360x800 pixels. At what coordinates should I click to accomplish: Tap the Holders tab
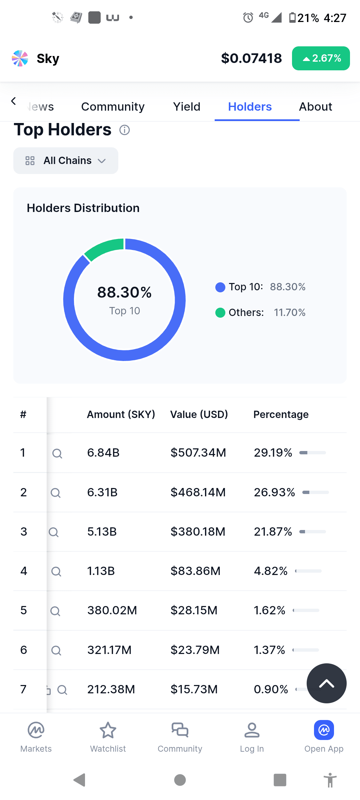click(x=250, y=107)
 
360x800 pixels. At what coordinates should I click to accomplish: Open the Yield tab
click(x=187, y=107)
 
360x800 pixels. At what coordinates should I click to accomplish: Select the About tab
click(x=316, y=107)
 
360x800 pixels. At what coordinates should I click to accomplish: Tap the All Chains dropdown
click(x=66, y=161)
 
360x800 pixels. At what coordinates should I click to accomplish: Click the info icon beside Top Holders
click(x=125, y=130)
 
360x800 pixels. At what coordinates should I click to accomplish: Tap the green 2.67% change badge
click(x=321, y=58)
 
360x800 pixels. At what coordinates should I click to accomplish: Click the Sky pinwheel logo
click(x=20, y=58)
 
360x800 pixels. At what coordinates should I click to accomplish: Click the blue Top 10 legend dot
click(x=220, y=287)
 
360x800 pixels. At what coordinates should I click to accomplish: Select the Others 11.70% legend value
click(x=290, y=313)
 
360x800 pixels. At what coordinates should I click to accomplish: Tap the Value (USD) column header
click(x=199, y=414)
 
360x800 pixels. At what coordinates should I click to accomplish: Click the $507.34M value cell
click(x=198, y=453)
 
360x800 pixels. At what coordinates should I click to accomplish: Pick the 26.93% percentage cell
click(x=274, y=492)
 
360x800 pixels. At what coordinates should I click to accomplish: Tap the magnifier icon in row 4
click(x=56, y=572)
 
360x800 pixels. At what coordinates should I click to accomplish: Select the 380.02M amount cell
click(x=112, y=610)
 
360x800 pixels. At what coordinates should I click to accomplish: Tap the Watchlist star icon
click(x=108, y=730)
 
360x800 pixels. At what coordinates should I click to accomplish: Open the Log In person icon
click(x=252, y=730)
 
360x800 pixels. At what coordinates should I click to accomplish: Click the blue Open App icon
click(x=324, y=730)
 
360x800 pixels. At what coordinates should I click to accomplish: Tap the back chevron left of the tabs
click(x=13, y=101)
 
